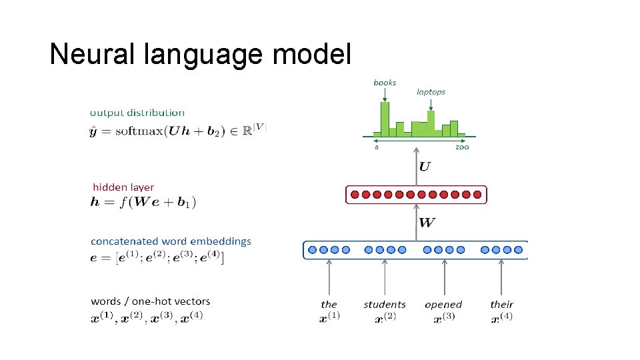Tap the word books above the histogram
385,83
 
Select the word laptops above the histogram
431,92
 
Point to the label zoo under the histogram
462,147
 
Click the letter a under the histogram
377,147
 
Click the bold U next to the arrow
424,166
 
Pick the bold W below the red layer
427,222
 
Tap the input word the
329,305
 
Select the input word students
385,305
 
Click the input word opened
443,305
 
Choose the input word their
501,305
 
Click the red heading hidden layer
123,187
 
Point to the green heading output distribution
137,113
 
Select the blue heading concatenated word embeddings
171,241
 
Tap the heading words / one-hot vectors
150,301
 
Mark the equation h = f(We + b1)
143,202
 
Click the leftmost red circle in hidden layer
355,195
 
